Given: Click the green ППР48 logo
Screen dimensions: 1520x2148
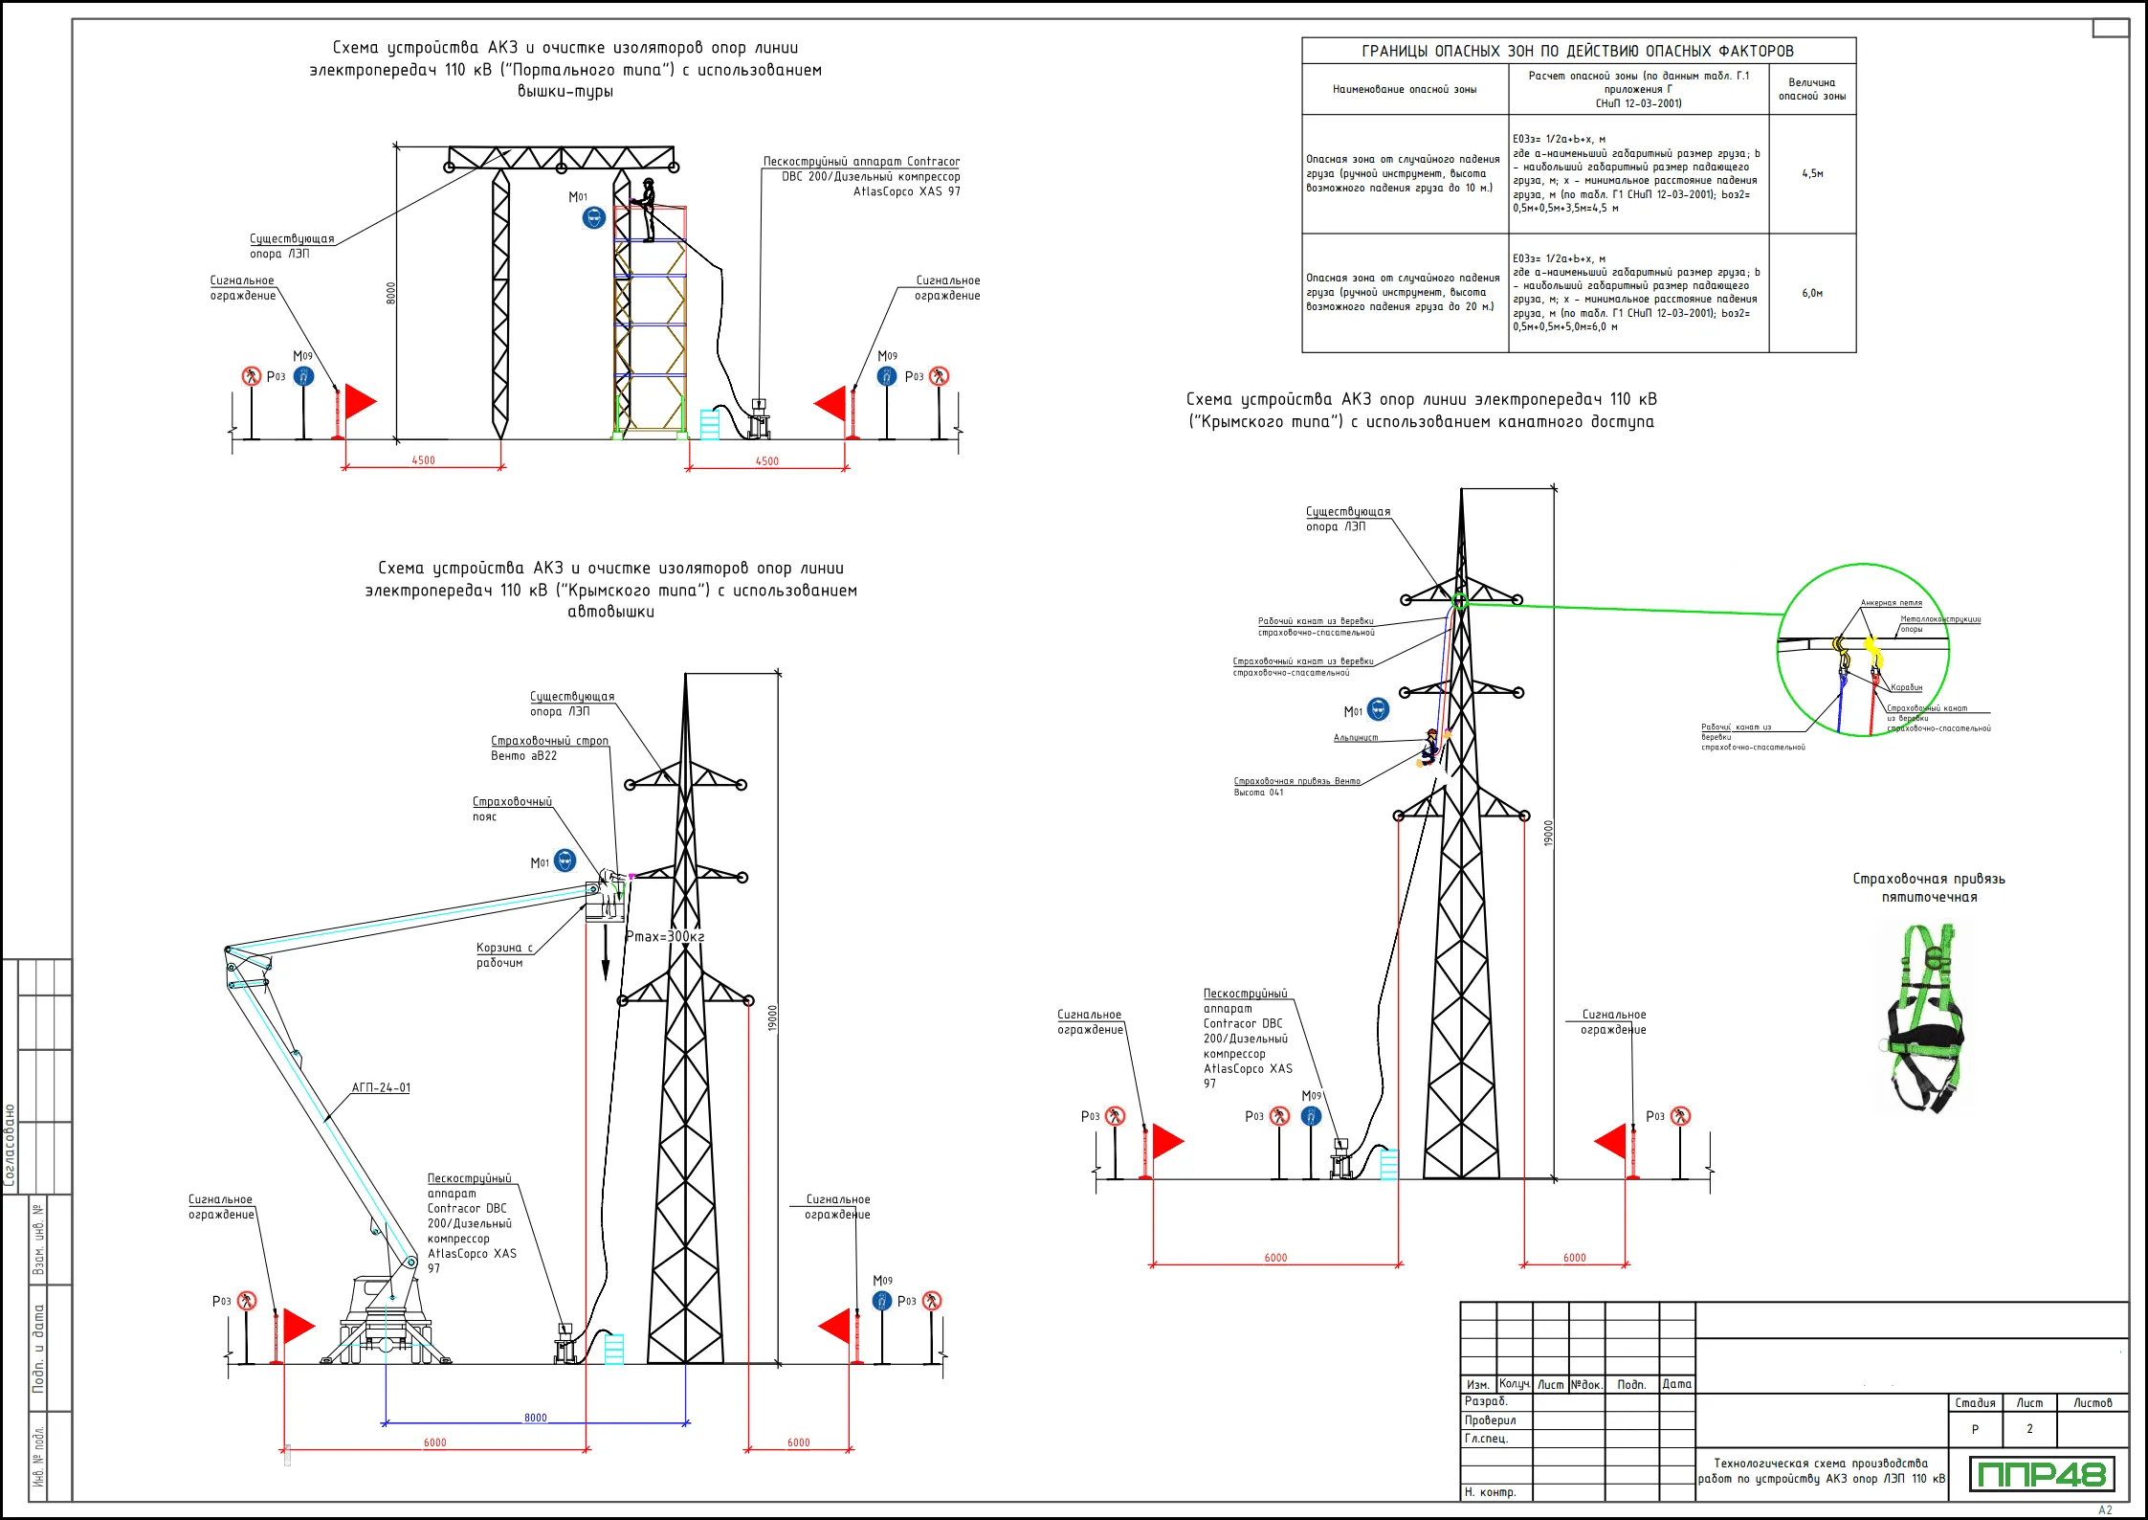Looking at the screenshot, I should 2042,1474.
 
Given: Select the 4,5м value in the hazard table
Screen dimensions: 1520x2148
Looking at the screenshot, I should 1812,174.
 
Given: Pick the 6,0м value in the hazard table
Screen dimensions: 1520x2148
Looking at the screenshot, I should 1812,293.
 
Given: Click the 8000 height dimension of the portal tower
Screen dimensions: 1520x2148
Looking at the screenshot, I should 390,293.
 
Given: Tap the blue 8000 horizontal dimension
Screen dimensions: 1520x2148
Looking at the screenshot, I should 536,1418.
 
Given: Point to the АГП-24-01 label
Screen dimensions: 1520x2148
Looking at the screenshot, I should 381,1087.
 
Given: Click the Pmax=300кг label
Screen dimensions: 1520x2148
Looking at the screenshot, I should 665,936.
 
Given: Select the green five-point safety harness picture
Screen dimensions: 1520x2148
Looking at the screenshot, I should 1926,1018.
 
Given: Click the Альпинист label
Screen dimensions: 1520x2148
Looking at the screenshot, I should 1356,738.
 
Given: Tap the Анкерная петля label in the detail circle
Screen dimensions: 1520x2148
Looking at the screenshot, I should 1891,603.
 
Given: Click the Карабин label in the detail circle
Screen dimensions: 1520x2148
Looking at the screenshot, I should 1906,687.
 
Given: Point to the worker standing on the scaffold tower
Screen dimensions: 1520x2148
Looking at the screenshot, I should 648,209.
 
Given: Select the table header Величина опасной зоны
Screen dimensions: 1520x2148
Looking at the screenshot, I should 1812,89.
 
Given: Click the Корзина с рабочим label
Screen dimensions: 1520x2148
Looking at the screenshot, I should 503,955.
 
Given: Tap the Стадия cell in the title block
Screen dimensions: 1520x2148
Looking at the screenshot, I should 1975,1403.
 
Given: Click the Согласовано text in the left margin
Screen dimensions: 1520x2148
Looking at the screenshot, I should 11,1145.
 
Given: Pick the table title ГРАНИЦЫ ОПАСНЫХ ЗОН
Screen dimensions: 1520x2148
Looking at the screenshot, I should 1578,51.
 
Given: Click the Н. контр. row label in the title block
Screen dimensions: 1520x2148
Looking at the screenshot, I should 1490,1492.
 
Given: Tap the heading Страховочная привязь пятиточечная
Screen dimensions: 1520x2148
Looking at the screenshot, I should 1929,887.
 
